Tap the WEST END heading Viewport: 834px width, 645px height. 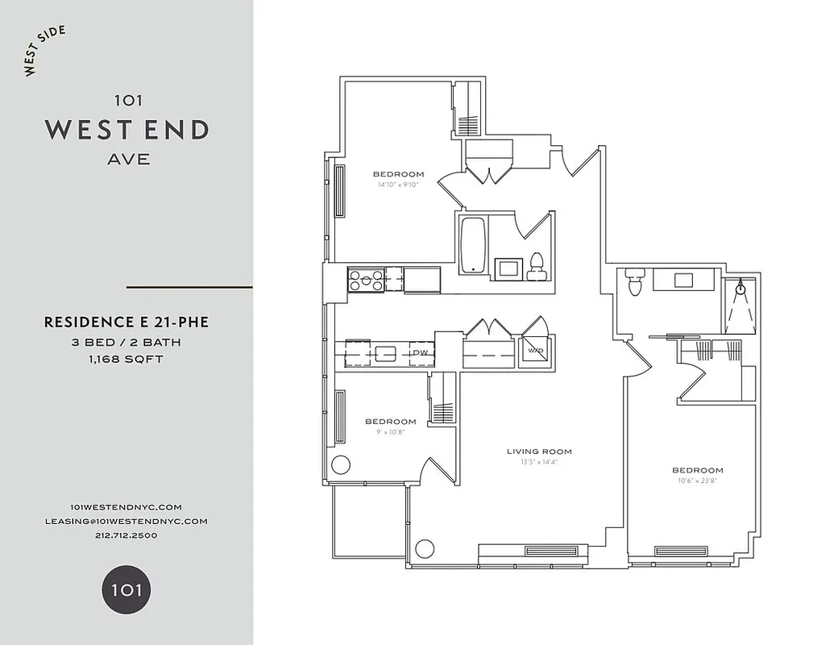127,130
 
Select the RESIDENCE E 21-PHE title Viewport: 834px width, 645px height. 127,322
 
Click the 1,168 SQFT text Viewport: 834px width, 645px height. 127,359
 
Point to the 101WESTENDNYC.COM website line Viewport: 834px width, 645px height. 127,506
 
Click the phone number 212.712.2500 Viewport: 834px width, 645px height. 127,535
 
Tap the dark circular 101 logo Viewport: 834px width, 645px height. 127,589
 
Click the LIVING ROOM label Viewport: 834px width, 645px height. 539,451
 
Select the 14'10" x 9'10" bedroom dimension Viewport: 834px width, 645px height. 398,185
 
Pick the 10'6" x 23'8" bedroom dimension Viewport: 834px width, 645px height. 697,481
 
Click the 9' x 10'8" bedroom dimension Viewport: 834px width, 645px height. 390,431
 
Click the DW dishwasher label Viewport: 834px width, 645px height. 421,353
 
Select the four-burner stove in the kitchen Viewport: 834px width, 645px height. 366,280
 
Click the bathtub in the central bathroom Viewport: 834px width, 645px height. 472,244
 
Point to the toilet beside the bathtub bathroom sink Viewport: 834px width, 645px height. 536,267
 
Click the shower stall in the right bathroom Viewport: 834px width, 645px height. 740,306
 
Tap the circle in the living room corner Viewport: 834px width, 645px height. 425,549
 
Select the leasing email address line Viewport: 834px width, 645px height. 127,521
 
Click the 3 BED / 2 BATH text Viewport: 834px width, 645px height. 127,342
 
